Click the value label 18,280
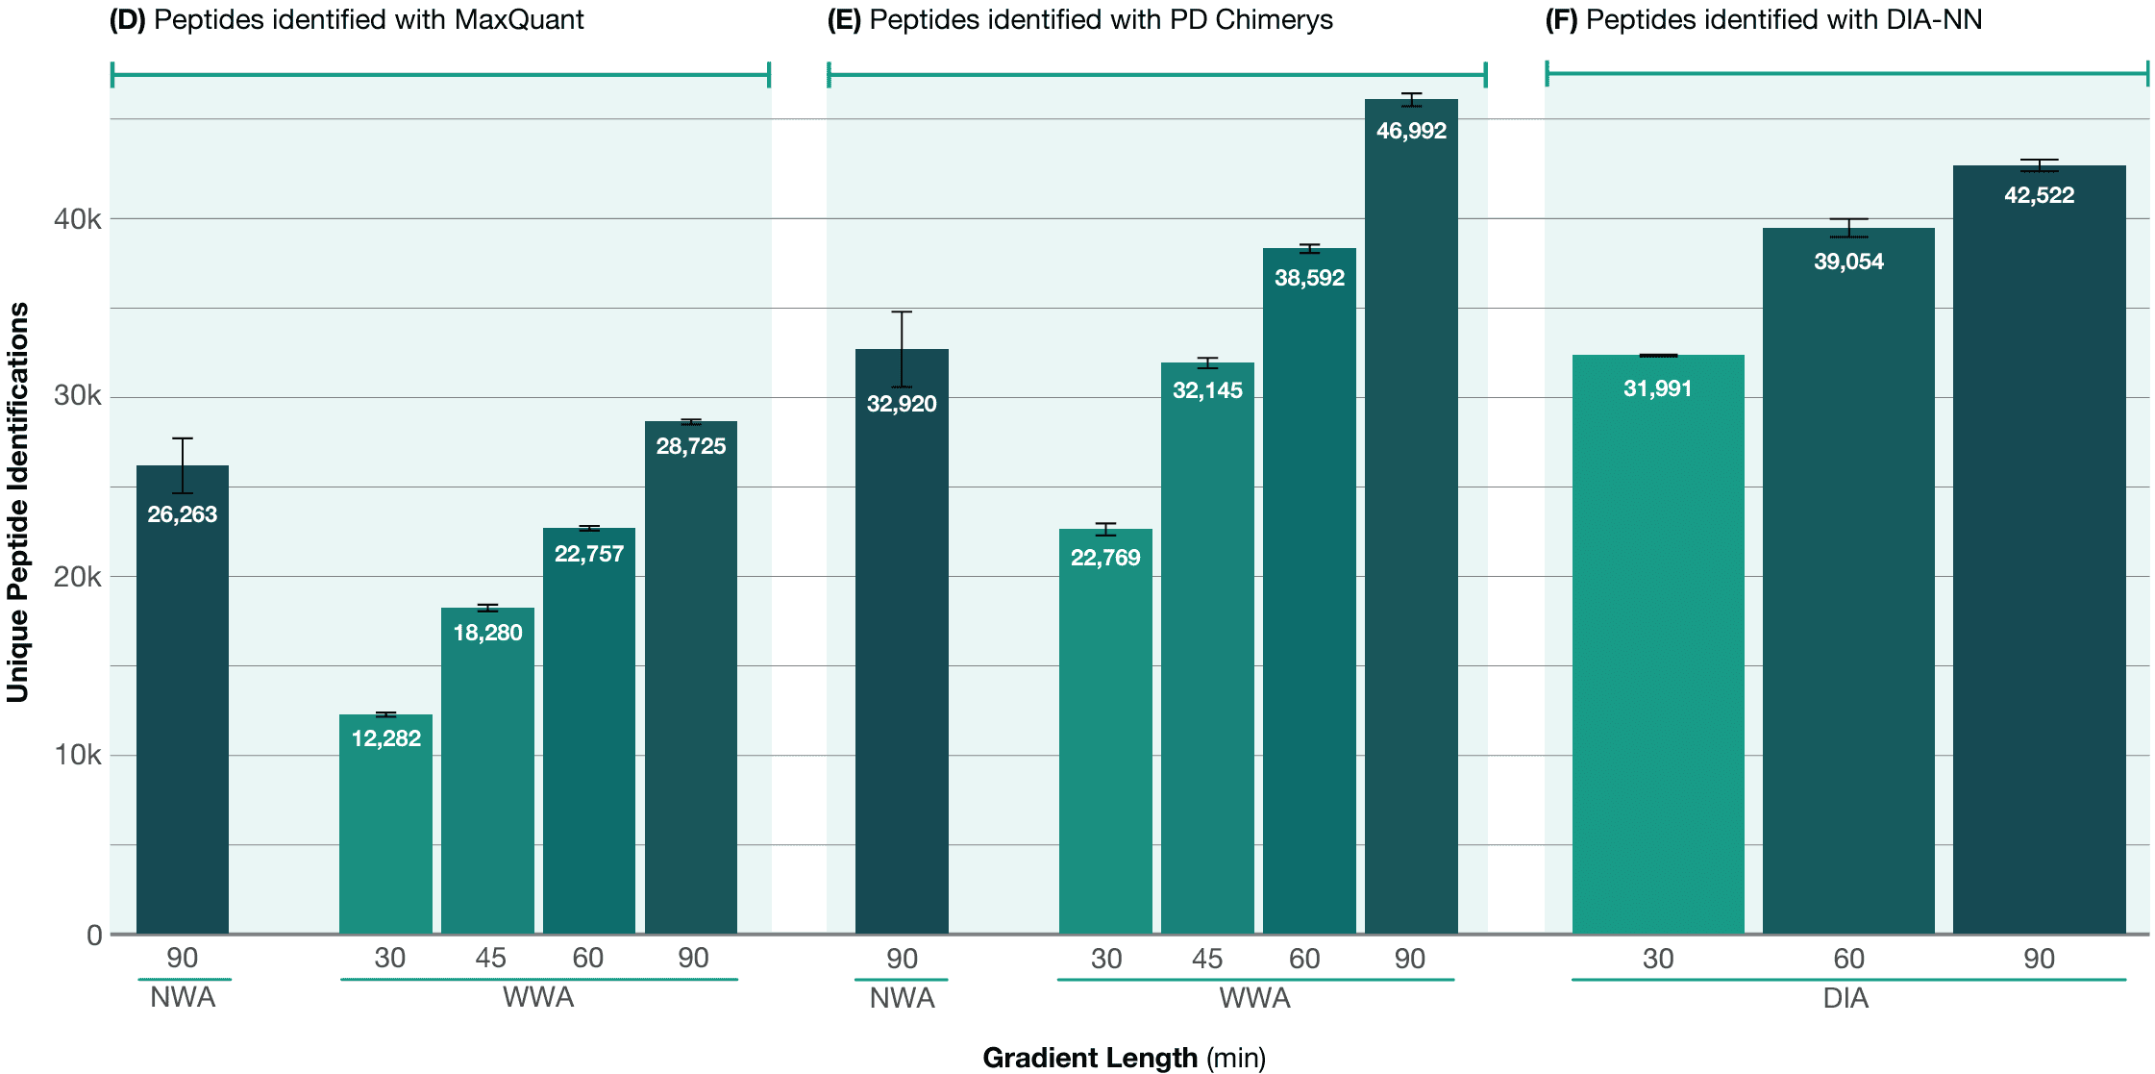487,633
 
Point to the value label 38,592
1309,278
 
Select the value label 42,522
2039,195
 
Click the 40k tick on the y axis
77,219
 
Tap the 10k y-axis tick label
77,755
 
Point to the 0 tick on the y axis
94,935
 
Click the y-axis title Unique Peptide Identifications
18,502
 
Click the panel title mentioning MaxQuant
346,19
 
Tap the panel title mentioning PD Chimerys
1079,19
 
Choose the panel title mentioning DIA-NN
1763,19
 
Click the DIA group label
1845,998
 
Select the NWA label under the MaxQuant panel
183,997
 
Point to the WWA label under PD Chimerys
1254,998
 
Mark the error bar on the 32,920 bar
902,348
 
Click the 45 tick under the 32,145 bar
1207,959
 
